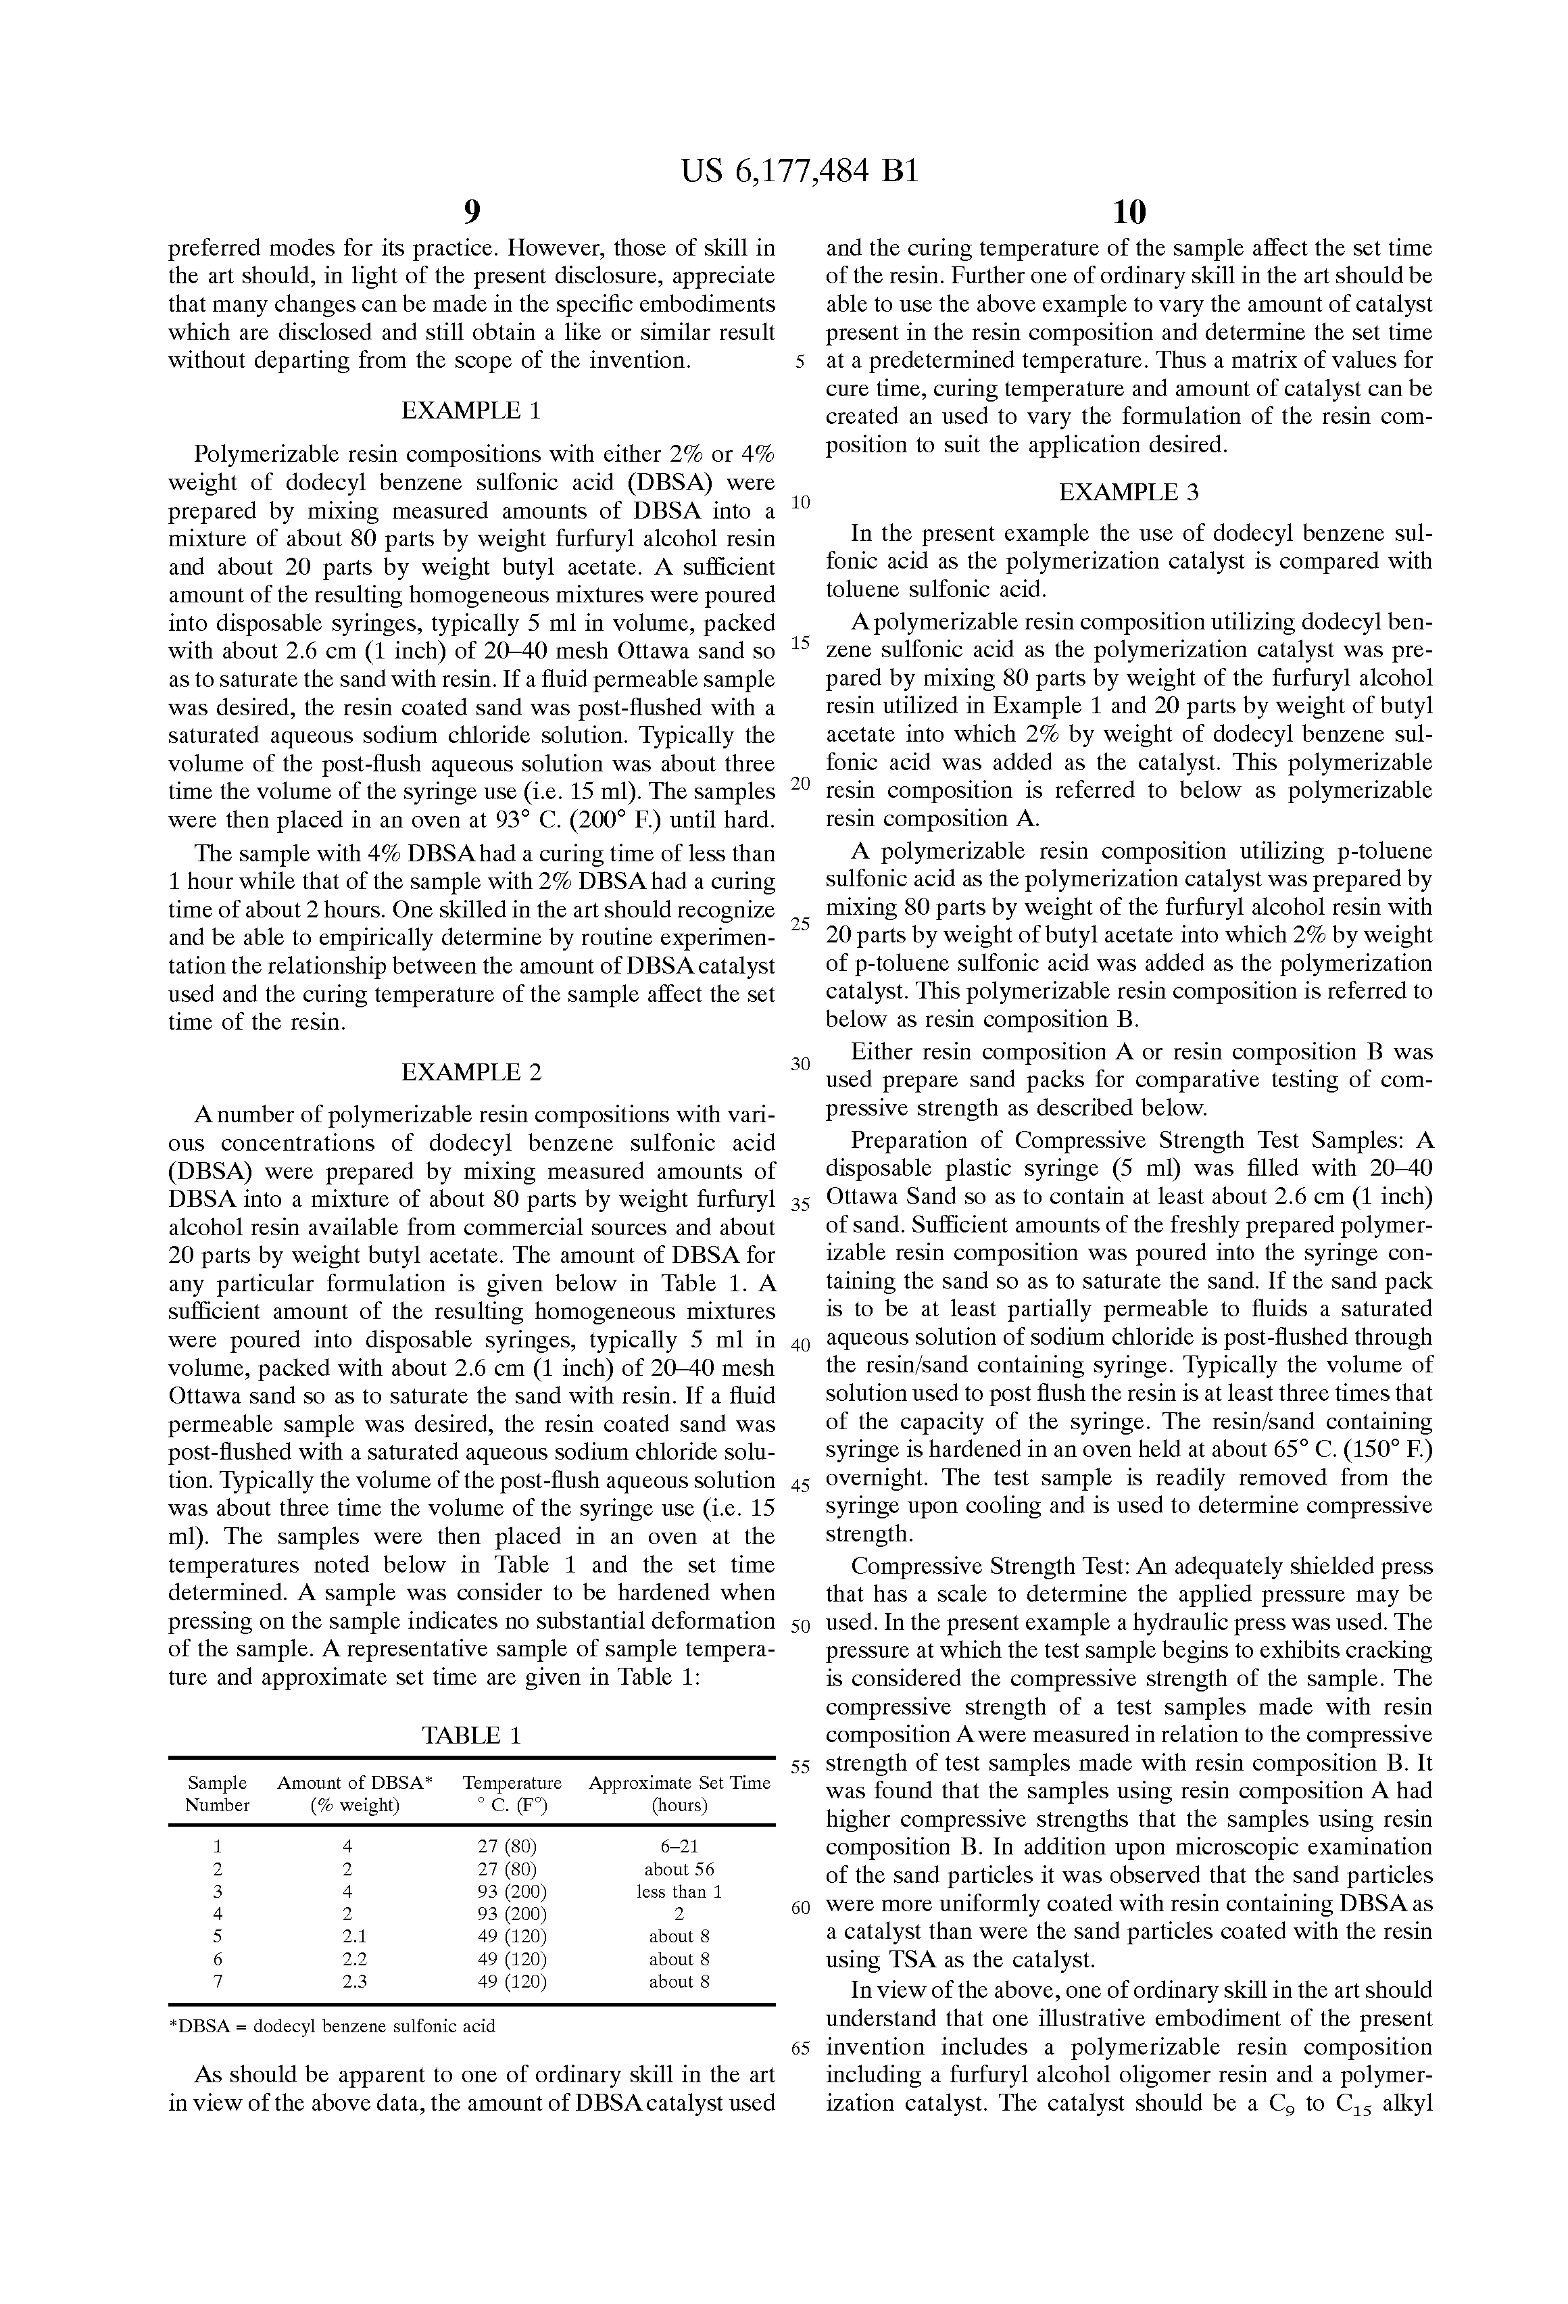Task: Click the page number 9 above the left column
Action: [471, 211]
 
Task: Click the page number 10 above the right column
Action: [1129, 211]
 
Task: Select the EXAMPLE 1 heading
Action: [471, 410]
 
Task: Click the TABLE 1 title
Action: [471, 1735]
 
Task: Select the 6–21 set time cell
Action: [679, 1846]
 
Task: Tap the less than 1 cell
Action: [679, 1892]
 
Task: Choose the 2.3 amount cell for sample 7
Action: [354, 1982]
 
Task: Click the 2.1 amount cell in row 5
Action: [354, 1936]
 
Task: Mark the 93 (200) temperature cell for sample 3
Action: [512, 1892]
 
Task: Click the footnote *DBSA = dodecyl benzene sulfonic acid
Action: [332, 2026]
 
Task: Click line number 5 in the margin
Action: [800, 362]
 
